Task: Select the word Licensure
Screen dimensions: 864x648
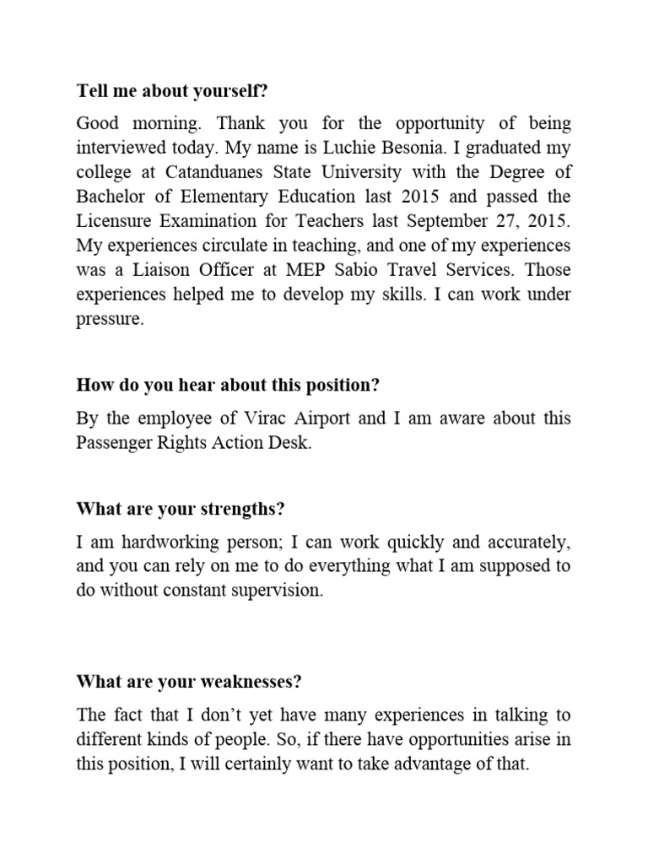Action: coord(111,221)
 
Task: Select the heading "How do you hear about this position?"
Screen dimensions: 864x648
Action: coord(229,385)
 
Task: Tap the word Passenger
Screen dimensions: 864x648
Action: coord(116,443)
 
